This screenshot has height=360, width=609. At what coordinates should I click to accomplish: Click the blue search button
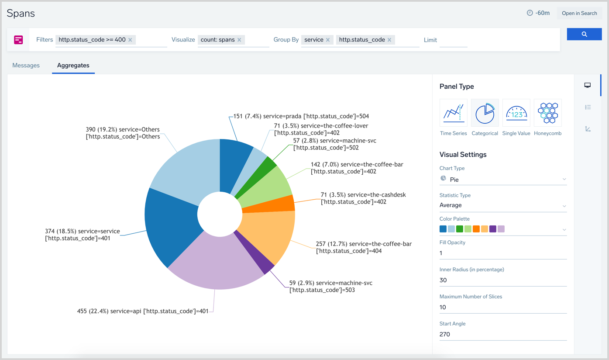584,34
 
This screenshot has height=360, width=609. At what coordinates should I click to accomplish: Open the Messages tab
26,66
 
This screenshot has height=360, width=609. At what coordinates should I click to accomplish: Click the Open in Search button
579,13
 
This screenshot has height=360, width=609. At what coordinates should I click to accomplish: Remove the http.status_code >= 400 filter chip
130,40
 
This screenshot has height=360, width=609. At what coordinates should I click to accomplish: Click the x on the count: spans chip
239,40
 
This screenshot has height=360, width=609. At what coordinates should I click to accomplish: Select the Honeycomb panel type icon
547,113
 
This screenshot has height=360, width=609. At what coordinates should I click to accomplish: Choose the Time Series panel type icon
453,113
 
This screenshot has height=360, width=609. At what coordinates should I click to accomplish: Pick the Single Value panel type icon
516,113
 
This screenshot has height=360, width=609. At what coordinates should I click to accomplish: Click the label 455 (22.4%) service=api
142,312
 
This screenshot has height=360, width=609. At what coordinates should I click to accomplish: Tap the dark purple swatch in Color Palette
493,229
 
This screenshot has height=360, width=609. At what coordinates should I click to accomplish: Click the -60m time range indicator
538,13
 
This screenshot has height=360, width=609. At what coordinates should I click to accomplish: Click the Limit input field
452,40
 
